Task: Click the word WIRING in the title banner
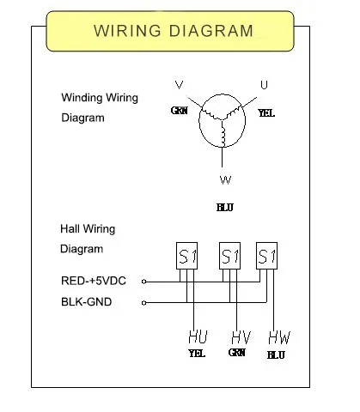tap(127, 31)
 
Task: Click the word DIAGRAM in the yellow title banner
tap(211, 31)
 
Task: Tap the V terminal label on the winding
tap(179, 85)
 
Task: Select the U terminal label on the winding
tap(264, 85)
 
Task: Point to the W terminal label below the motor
tap(225, 179)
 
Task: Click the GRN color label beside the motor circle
tap(180, 110)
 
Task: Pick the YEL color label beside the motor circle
tap(266, 113)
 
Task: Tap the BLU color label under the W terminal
tap(225, 207)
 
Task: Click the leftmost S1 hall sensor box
tap(186, 256)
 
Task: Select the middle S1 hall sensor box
tap(229, 256)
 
